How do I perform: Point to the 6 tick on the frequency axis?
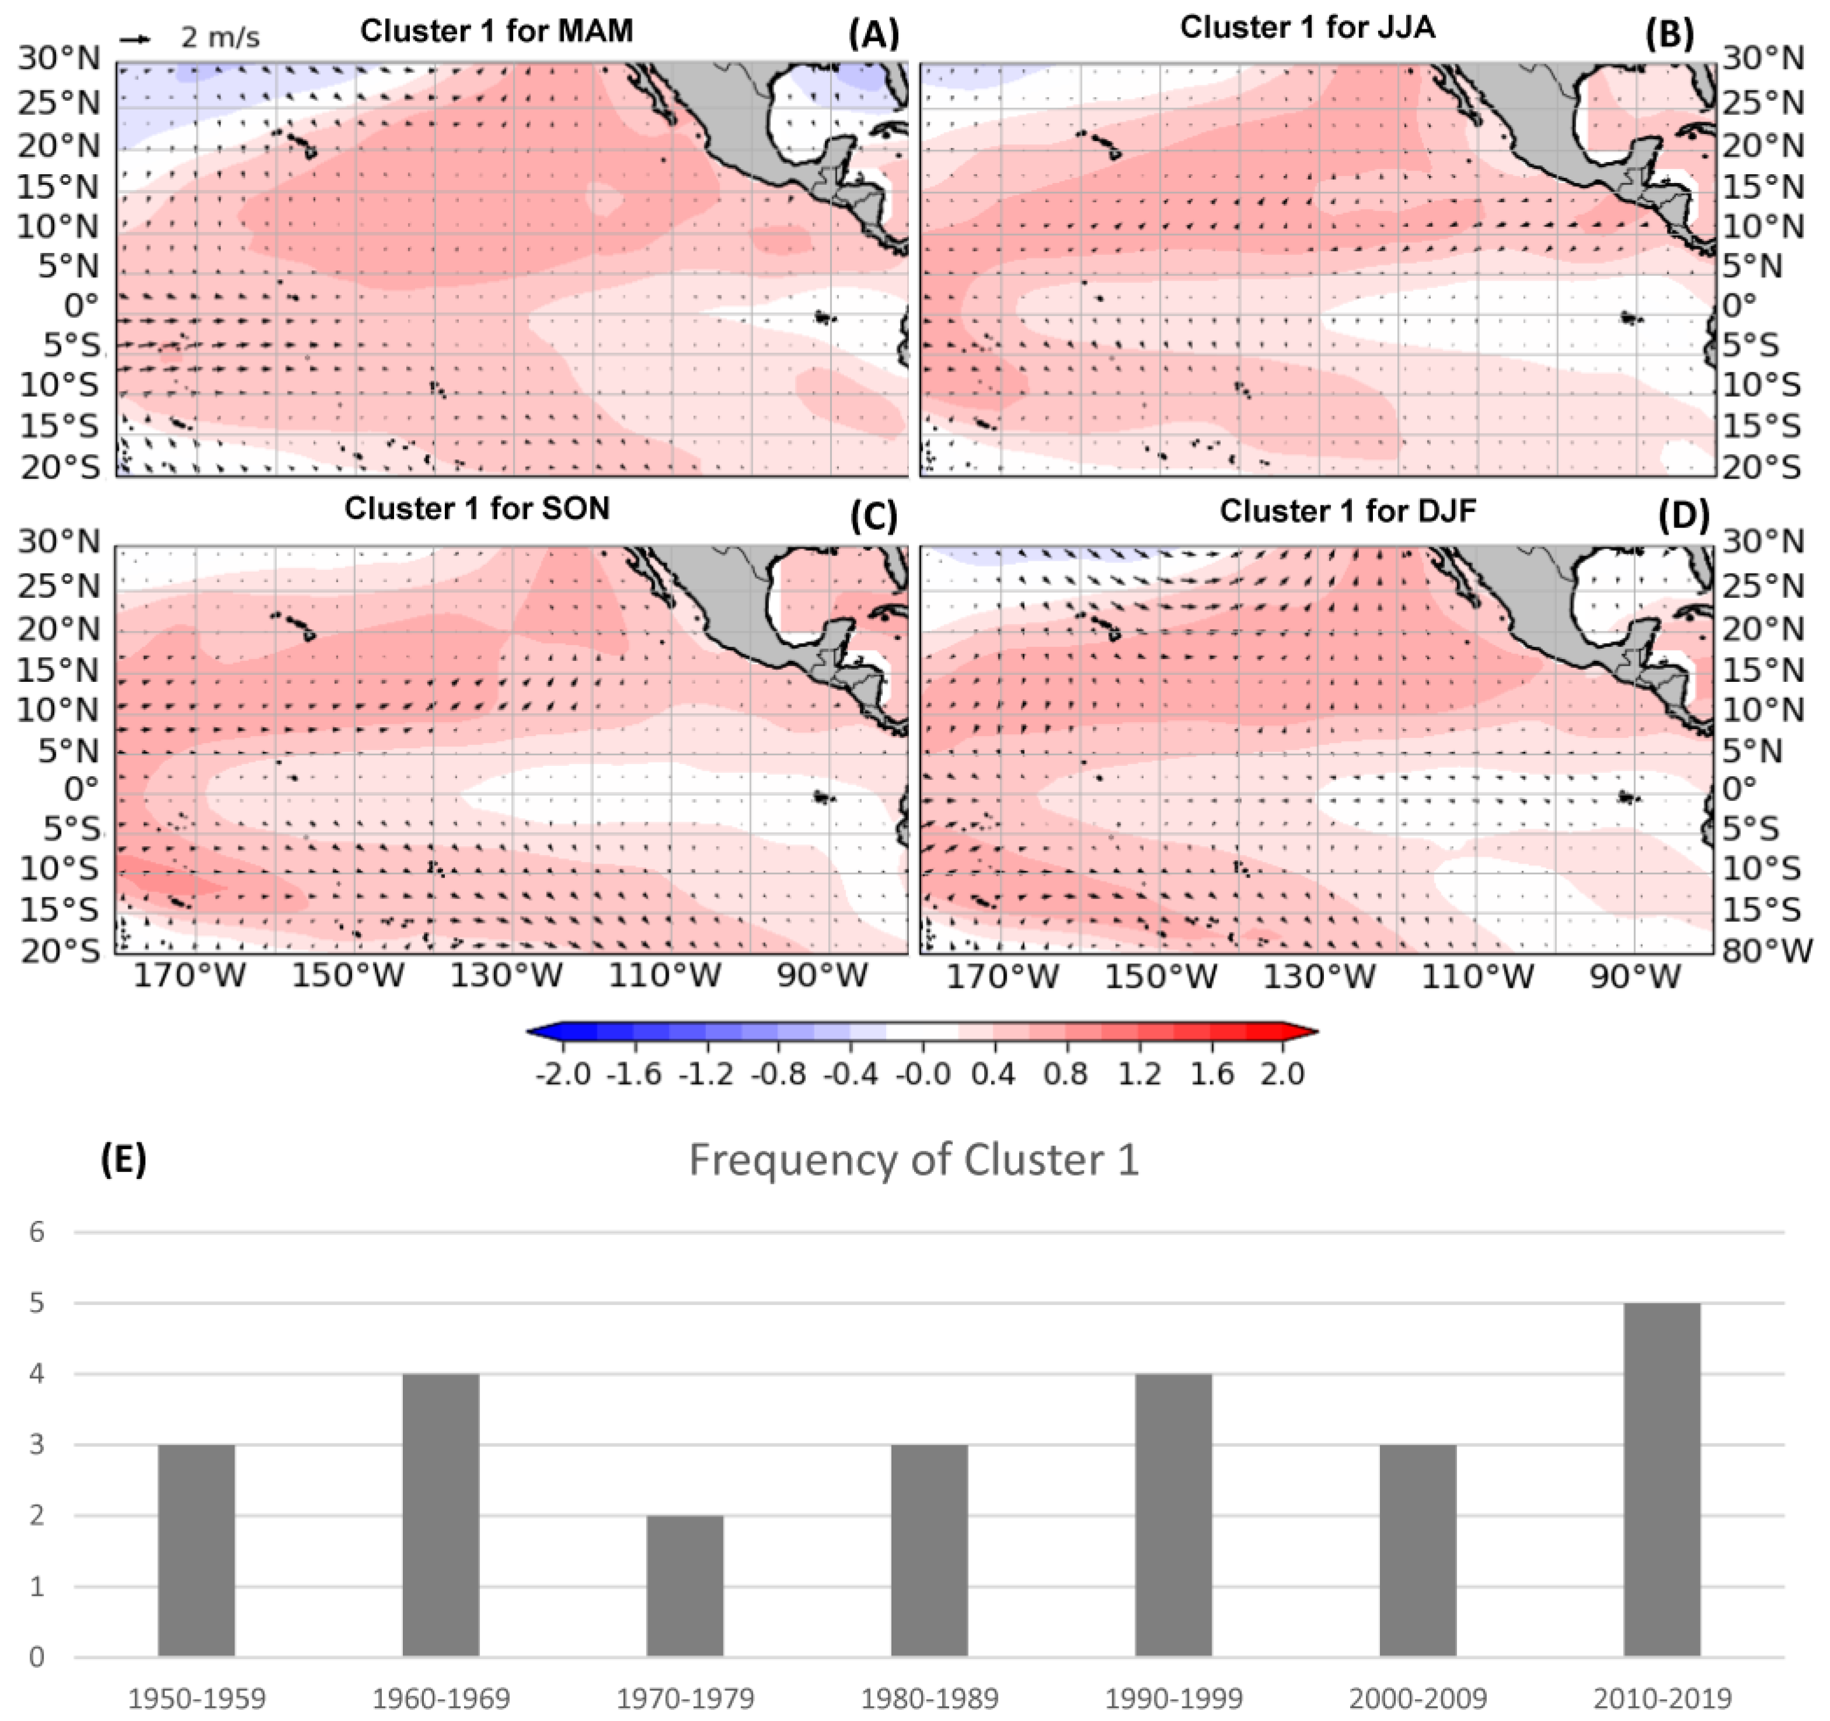[x=37, y=1231]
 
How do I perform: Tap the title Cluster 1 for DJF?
[x=1348, y=510]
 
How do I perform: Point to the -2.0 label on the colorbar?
[x=563, y=1073]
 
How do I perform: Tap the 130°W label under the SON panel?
[x=505, y=976]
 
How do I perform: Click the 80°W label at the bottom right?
[x=1765, y=950]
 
